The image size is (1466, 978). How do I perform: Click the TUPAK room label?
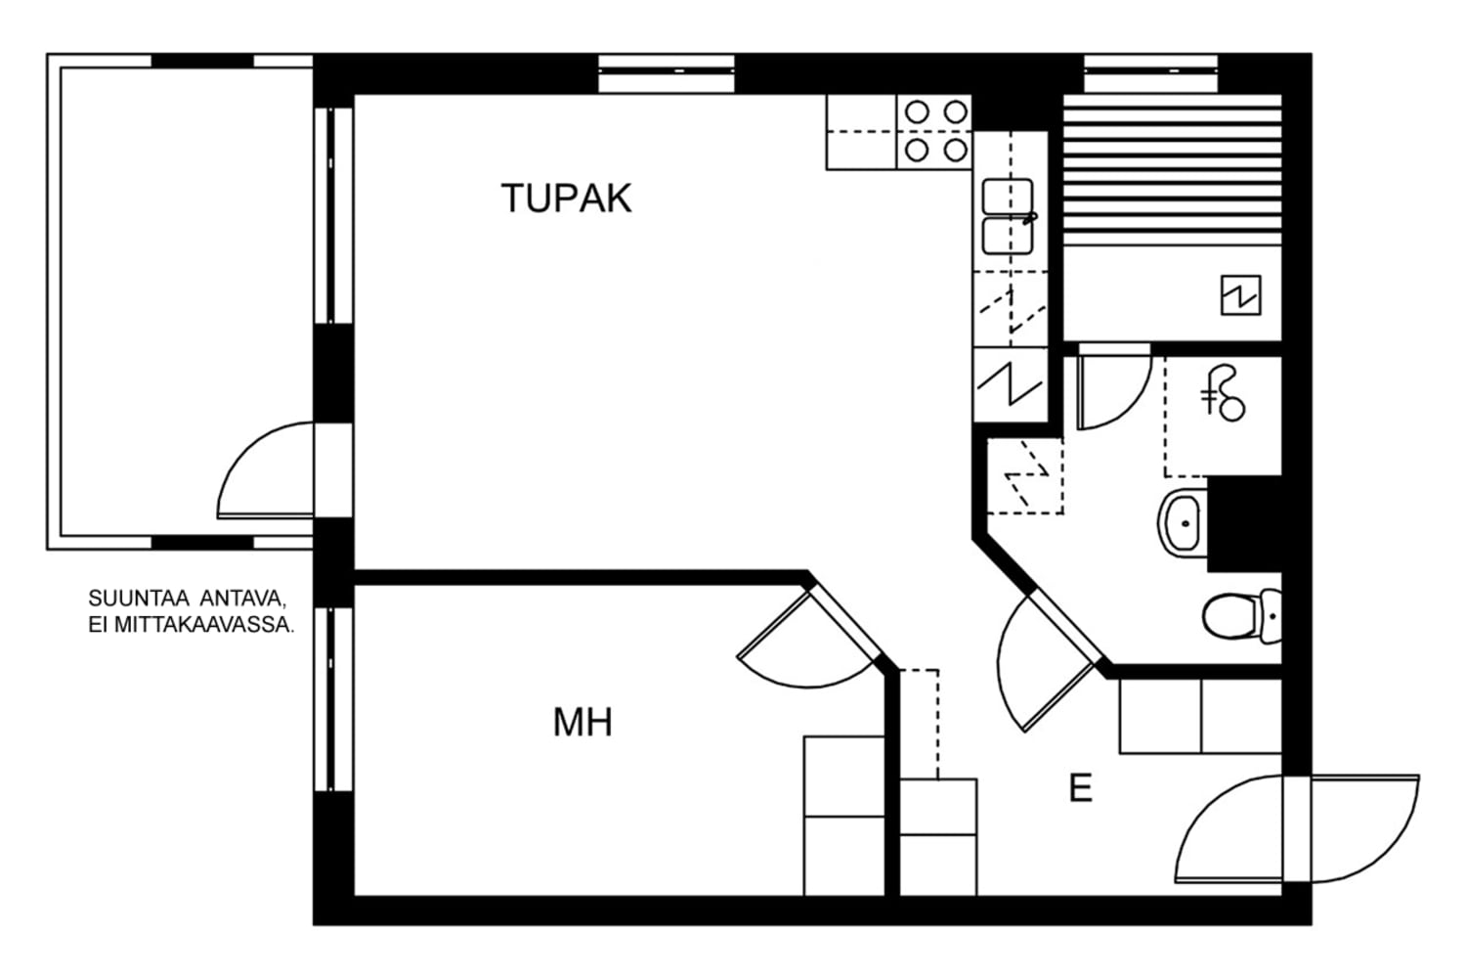(x=566, y=198)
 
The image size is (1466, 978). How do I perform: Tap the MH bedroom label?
(x=582, y=723)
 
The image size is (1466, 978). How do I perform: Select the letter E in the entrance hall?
(x=1081, y=788)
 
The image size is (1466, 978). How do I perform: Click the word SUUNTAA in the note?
(x=139, y=599)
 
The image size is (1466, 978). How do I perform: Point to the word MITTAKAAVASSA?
(x=203, y=625)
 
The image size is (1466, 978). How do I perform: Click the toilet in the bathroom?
(x=1241, y=616)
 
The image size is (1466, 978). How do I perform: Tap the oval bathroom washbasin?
(x=1183, y=522)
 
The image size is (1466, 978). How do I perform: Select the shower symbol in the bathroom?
(x=1224, y=393)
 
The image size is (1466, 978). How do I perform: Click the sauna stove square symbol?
(x=1241, y=294)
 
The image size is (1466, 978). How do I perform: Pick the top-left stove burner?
(x=917, y=112)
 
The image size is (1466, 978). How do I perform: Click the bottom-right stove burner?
(x=956, y=151)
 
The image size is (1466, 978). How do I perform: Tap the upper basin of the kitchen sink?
(x=1008, y=197)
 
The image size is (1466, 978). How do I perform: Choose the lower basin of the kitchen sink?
(x=1008, y=236)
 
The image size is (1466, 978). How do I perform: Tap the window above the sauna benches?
(x=1150, y=74)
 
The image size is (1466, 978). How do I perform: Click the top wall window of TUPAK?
(x=667, y=74)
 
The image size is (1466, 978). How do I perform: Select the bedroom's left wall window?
(x=333, y=699)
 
